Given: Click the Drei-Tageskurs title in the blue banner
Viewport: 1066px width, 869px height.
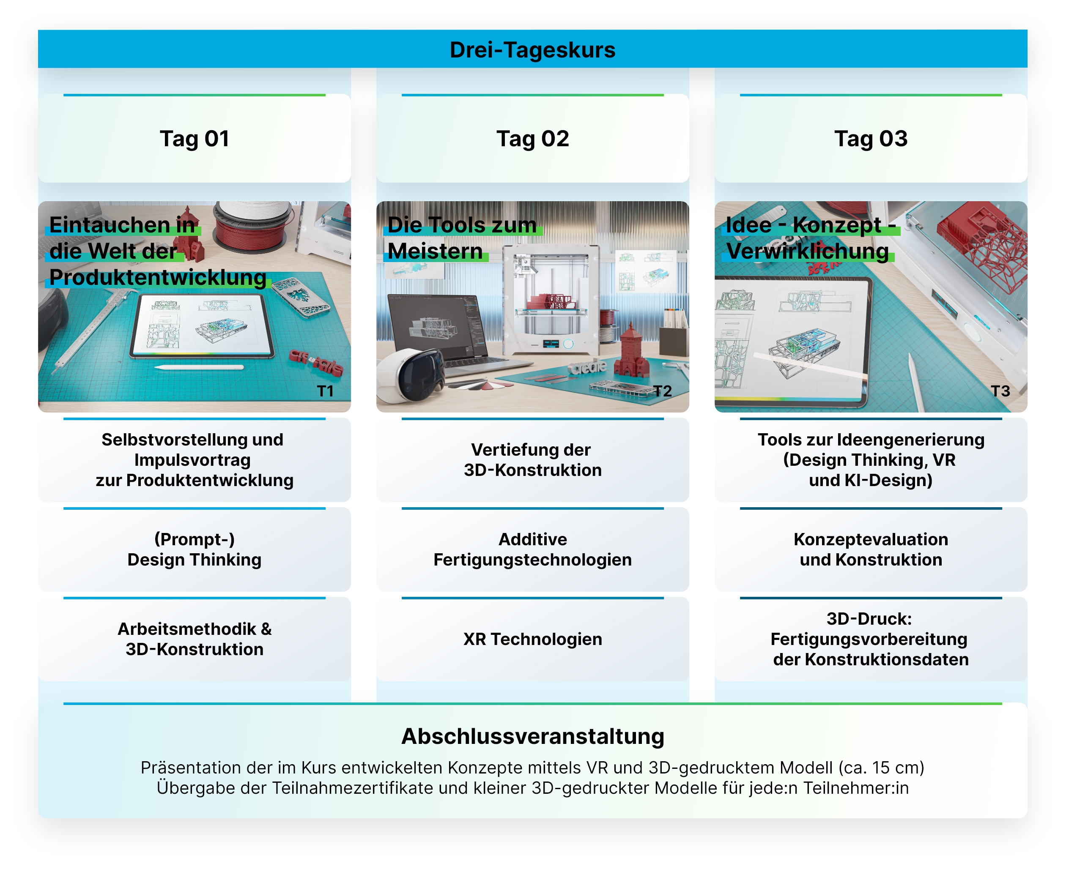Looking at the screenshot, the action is pos(532,49).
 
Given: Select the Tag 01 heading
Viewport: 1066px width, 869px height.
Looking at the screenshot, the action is pos(194,139).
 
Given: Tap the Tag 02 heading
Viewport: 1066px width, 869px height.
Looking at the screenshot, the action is pos(532,139).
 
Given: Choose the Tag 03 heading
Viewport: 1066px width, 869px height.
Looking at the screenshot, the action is pos(871,139).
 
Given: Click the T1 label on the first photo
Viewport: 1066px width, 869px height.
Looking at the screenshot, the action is pos(325,391).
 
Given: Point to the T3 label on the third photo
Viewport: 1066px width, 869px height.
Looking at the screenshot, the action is pos(1000,391).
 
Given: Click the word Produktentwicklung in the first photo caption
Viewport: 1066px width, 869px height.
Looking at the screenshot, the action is pos(158,278).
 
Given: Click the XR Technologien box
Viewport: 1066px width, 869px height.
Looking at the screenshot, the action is pos(532,639).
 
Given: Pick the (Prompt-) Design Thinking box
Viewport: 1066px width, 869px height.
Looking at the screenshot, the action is pos(194,549).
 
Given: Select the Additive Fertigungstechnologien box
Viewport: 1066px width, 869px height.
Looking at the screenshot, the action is pos(532,549).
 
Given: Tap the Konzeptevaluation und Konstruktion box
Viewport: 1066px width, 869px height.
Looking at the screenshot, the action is pos(871,549).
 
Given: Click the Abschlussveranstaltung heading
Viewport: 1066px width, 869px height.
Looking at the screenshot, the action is pos(532,736).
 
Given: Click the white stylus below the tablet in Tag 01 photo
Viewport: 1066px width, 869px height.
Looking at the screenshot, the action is pos(199,368).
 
